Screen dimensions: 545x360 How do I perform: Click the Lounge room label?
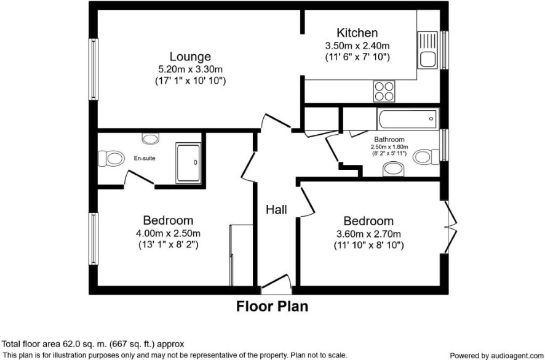point(190,57)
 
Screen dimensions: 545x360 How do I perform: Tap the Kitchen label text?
point(357,33)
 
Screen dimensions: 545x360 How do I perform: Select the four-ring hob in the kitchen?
point(384,91)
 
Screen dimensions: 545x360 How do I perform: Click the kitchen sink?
point(428,50)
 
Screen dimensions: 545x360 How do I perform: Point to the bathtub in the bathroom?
point(408,119)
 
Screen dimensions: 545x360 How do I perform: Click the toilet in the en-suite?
point(111,159)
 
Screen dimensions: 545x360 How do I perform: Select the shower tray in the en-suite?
point(188,163)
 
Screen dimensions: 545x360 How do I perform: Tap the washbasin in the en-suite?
point(151,138)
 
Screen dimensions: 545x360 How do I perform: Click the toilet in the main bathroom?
point(426,156)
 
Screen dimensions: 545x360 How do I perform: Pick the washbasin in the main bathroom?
point(394,170)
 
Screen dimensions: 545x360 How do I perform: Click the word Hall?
point(276,210)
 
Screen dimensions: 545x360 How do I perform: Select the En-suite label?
point(145,158)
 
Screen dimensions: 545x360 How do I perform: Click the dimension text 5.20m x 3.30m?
point(190,69)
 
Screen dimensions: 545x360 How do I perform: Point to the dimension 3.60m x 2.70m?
point(369,234)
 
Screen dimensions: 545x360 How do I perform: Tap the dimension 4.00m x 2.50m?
point(168,233)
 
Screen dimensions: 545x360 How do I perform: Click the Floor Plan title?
point(272,306)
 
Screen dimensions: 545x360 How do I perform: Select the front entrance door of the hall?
point(276,282)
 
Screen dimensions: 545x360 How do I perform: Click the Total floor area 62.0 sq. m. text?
point(93,345)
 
